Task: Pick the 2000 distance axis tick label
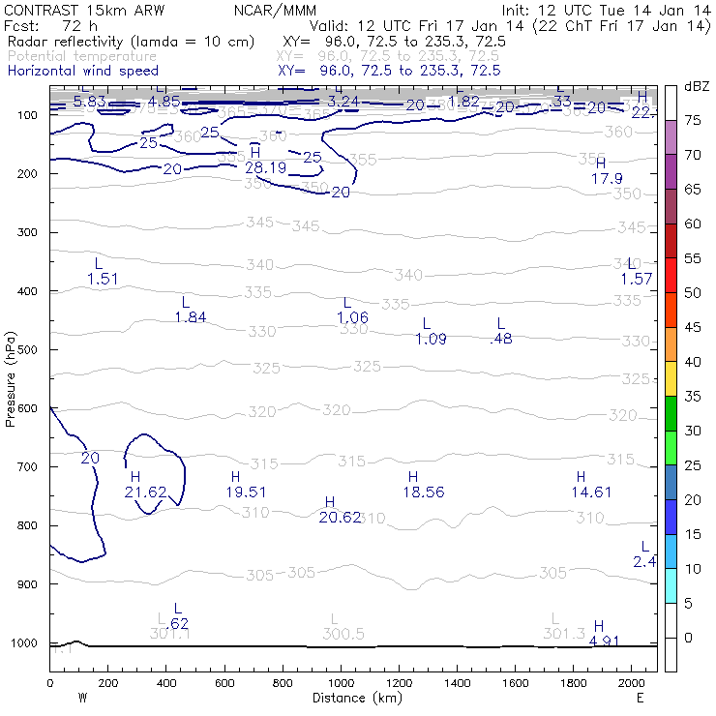point(632,683)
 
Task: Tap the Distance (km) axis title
point(353,698)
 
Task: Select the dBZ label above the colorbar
point(697,86)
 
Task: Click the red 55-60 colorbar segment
point(671,241)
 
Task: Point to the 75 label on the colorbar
point(693,120)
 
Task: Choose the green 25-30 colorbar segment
point(671,448)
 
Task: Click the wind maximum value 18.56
point(423,492)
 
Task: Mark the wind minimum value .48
point(501,339)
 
